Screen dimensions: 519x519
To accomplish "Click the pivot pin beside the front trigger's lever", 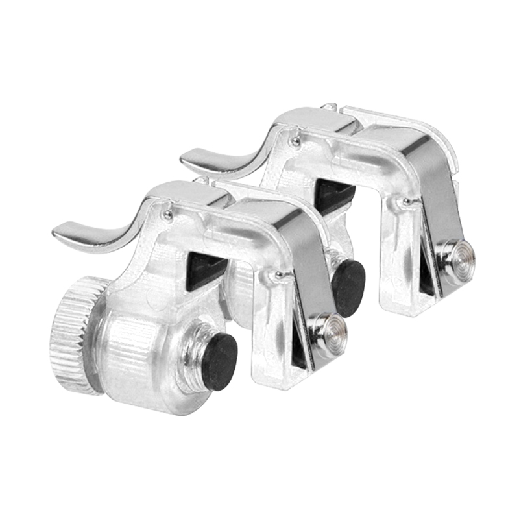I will click(167, 215).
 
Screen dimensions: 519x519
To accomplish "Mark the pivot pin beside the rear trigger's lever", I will click(295, 142).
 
